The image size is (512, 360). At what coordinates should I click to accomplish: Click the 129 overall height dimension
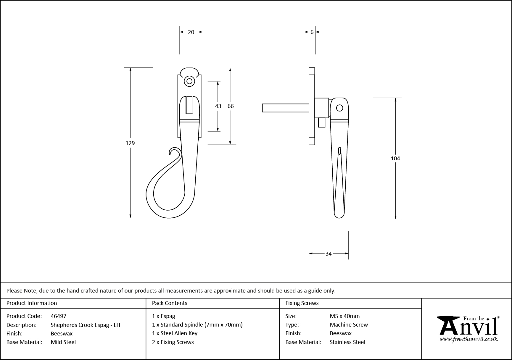pyautogui.click(x=130, y=143)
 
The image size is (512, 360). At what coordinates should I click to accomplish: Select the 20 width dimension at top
pyautogui.click(x=191, y=32)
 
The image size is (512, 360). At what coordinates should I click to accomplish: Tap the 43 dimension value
pyautogui.click(x=218, y=106)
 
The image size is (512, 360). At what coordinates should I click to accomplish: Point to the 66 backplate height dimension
pyautogui.click(x=231, y=106)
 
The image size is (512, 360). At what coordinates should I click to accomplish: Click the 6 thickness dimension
pyautogui.click(x=312, y=32)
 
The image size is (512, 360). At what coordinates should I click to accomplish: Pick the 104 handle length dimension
pyautogui.click(x=395, y=158)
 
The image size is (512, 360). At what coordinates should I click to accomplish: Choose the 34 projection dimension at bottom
pyautogui.click(x=329, y=254)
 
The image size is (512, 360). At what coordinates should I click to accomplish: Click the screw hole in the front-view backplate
pyautogui.click(x=189, y=81)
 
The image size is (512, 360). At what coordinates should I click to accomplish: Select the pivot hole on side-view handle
pyautogui.click(x=340, y=108)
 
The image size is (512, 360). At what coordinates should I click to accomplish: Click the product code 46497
pyautogui.click(x=59, y=316)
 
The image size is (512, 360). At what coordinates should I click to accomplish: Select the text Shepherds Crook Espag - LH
pyautogui.click(x=85, y=325)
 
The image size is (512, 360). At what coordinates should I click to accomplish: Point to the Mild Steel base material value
pyautogui.click(x=63, y=342)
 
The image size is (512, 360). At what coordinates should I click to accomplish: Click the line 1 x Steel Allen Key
pyautogui.click(x=175, y=333)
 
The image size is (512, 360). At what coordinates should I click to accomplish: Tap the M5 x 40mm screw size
pyautogui.click(x=345, y=316)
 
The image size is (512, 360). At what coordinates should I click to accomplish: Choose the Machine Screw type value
pyautogui.click(x=349, y=325)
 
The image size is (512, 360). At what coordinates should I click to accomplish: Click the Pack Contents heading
pyautogui.click(x=170, y=303)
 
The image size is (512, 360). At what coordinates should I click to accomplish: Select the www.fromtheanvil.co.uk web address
pyautogui.click(x=468, y=340)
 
